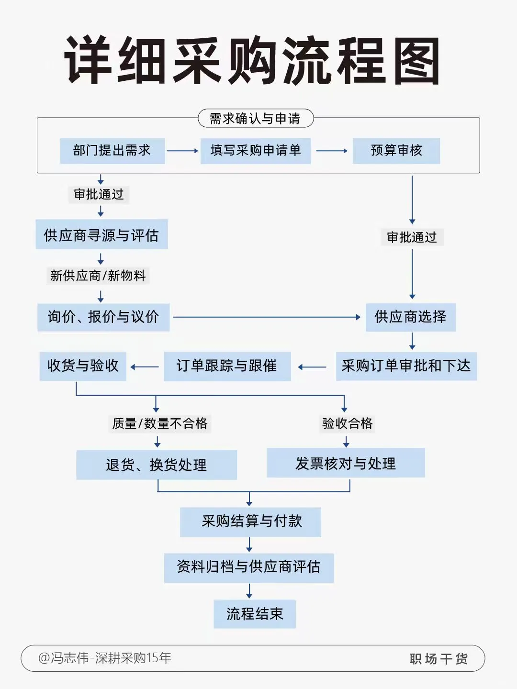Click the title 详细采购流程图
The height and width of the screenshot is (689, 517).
pos(252,61)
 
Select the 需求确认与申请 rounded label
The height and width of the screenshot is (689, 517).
pos(256,118)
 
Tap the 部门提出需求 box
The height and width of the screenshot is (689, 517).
pos(112,151)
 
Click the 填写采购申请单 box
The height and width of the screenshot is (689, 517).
pos(256,151)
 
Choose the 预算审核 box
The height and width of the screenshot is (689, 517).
pos(396,151)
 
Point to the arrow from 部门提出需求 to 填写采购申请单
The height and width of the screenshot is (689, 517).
pos(182,151)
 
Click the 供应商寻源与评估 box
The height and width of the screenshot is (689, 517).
pos(101,234)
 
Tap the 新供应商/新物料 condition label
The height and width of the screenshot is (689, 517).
pos(98,276)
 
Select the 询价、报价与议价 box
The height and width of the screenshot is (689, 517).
pos(103,317)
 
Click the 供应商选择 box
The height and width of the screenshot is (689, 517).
pos(410,317)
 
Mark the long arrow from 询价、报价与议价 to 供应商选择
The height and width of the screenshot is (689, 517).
pos(266,317)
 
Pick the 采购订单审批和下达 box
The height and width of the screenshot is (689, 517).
pos(406,366)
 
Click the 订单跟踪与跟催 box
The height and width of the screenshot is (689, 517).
pos(227,366)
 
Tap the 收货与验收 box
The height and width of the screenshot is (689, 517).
pos(83,366)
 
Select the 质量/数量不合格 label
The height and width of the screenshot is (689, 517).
pos(160,423)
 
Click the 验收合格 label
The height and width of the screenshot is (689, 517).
pos(347,423)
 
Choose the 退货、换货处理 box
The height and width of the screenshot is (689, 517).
pos(157,465)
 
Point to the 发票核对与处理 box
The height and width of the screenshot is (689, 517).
pos(346,463)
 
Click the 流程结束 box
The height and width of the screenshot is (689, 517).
pos(255,613)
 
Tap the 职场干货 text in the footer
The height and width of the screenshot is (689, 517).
pos(438,659)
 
